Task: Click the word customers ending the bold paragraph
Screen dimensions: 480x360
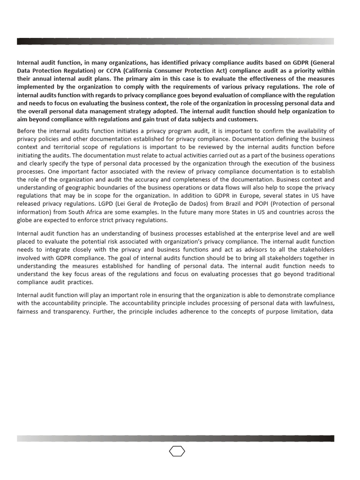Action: tap(242, 119)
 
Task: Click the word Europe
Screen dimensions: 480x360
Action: tap(244, 195)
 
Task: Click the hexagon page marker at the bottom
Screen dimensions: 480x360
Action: tap(177, 451)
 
